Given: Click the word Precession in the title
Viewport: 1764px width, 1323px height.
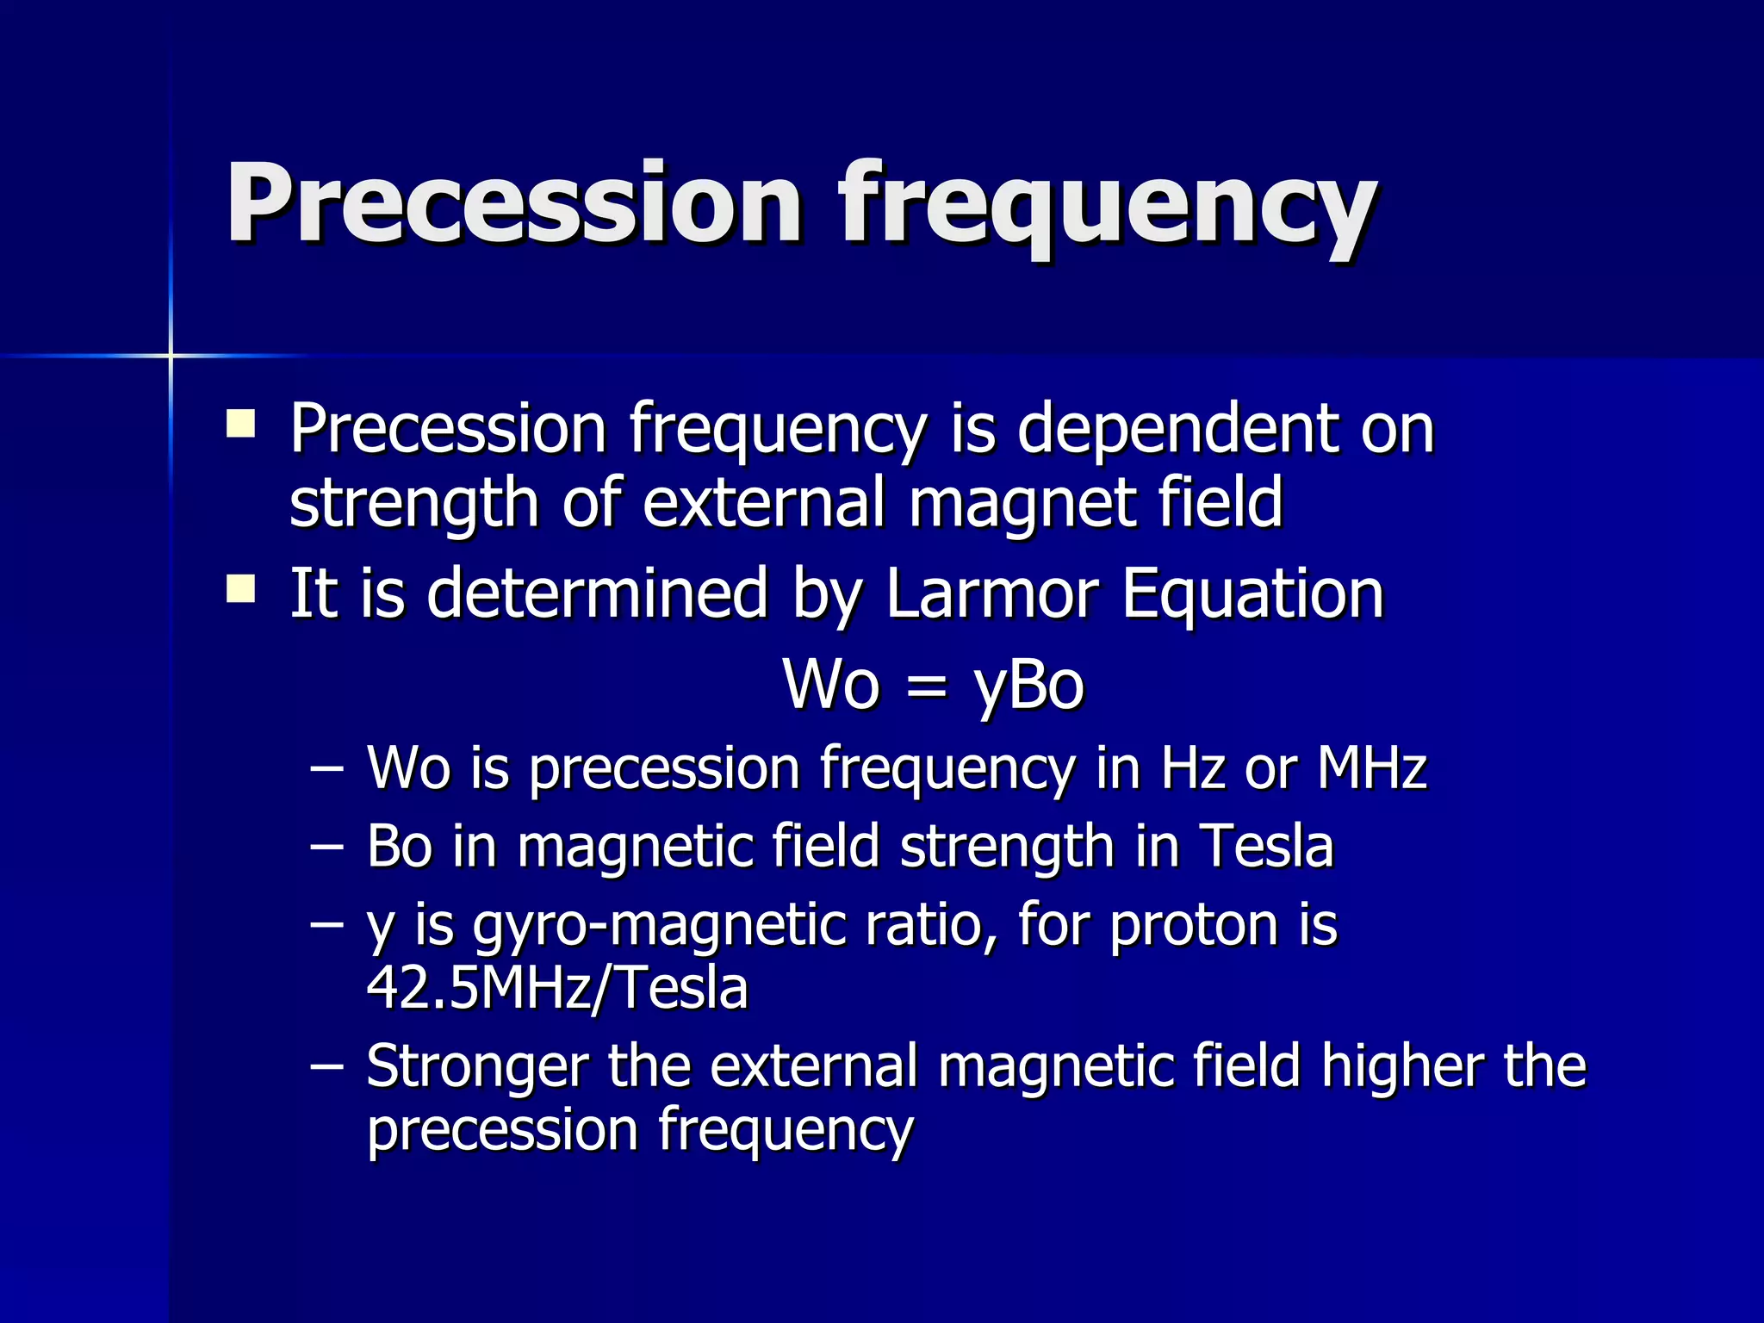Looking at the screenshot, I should click(x=513, y=205).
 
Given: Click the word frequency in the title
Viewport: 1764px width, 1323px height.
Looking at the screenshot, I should click(x=1107, y=211).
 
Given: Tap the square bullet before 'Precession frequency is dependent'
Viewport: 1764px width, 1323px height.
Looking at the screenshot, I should click(x=240, y=425).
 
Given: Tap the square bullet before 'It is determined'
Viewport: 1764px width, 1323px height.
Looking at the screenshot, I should click(x=240, y=590).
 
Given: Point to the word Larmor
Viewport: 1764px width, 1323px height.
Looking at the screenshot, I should click(x=991, y=593).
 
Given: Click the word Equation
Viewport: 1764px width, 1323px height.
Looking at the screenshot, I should click(x=1252, y=595).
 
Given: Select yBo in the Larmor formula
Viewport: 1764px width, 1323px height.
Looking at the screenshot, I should click(x=1028, y=687).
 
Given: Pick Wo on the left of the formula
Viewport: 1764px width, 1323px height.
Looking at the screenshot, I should click(x=831, y=686).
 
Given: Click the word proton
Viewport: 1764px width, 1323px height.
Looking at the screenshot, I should click(x=1194, y=927).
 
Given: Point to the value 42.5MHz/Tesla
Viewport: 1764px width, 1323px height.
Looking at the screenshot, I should click(x=557, y=989).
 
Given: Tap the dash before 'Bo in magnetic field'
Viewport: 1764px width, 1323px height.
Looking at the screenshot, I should click(x=326, y=848).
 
